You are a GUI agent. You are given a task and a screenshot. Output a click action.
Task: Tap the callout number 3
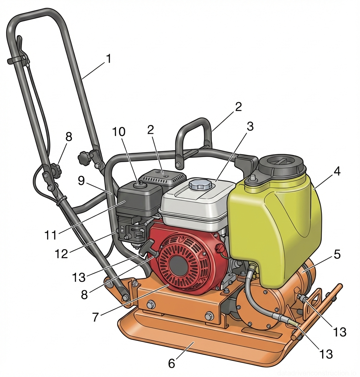[x=250, y=126]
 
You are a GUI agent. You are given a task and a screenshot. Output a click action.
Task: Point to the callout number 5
[x=337, y=255]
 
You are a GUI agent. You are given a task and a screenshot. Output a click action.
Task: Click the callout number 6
[x=172, y=363]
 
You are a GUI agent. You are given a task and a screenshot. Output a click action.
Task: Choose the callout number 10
[x=119, y=132]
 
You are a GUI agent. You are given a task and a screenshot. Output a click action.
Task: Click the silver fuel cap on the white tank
[x=201, y=185]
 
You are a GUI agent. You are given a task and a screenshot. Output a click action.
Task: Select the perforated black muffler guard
[x=162, y=175]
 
